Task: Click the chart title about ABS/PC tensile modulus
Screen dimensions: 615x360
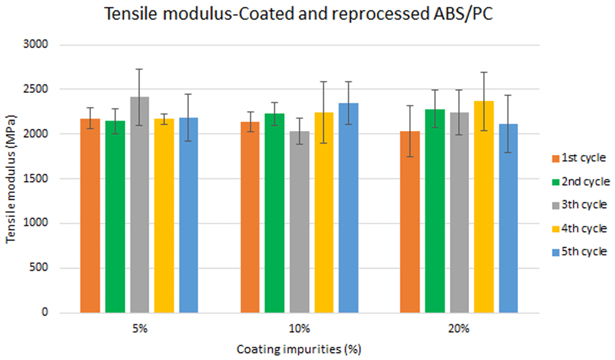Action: tap(298, 15)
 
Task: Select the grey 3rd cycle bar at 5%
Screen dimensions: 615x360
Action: tap(140, 205)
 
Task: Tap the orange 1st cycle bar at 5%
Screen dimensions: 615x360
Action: tap(90, 216)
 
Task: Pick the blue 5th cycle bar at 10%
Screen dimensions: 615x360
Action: tap(349, 208)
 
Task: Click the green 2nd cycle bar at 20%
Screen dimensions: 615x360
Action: tap(435, 211)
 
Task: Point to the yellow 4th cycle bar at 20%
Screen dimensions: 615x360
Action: tap(484, 207)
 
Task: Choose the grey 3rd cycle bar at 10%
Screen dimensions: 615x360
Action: tap(300, 222)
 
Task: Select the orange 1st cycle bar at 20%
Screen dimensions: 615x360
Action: tap(410, 222)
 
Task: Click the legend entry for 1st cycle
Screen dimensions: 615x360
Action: tap(579, 158)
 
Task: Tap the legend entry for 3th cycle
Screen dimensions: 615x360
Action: tap(579, 204)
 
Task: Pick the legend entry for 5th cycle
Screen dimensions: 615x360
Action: tap(579, 251)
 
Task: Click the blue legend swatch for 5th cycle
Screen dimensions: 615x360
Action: tap(555, 252)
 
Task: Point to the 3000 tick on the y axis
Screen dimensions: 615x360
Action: tap(36, 44)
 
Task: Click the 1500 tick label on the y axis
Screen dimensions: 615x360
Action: tap(36, 178)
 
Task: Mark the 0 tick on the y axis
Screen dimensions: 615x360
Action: tap(45, 312)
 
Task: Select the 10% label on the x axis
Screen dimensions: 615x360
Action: tap(300, 329)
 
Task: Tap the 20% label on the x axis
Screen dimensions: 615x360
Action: tap(459, 329)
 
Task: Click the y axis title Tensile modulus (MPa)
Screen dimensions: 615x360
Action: tap(10, 179)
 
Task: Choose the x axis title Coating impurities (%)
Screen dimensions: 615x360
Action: tap(299, 349)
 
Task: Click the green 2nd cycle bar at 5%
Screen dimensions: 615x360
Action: tap(115, 217)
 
